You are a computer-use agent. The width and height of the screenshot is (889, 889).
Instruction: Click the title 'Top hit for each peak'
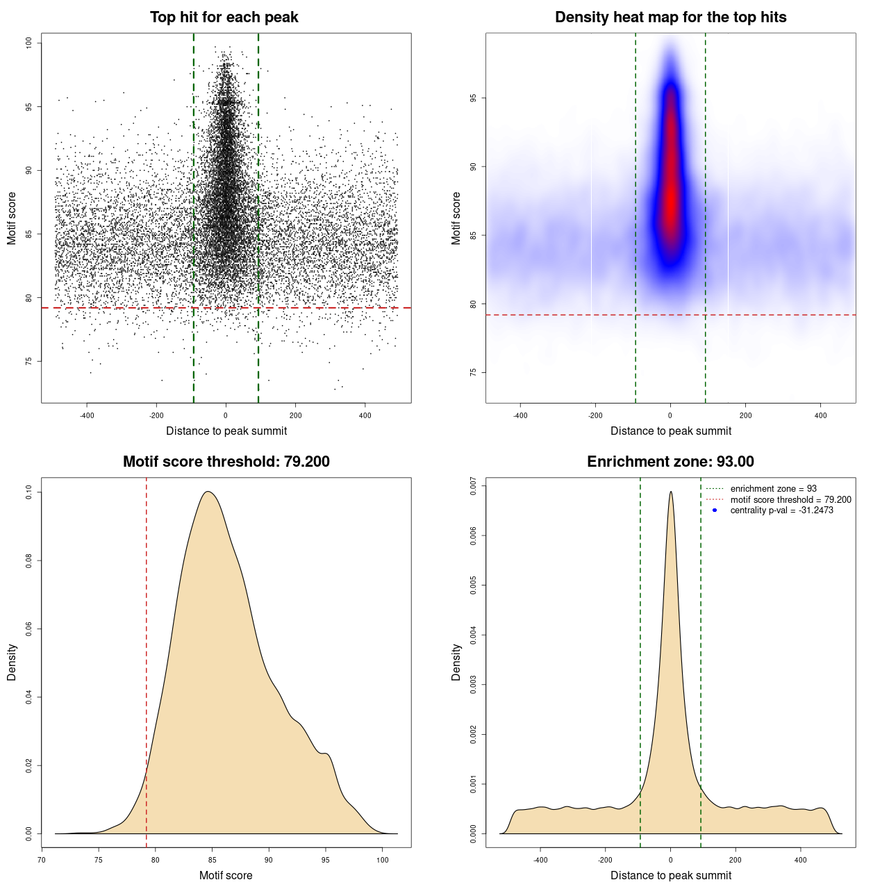224,17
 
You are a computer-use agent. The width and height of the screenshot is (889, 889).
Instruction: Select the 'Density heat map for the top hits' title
670,17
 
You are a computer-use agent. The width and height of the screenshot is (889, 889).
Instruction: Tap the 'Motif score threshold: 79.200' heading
226,462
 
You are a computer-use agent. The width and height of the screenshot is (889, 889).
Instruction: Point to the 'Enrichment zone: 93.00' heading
670,462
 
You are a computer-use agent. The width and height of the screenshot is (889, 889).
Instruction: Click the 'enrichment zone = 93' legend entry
773,489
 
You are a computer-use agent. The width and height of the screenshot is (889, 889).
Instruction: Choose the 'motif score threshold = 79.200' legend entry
790,499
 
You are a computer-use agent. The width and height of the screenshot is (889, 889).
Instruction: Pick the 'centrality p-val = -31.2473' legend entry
781,510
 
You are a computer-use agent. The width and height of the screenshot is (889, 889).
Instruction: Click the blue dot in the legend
715,510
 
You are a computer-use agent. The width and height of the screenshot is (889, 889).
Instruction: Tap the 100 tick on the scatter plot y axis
28,43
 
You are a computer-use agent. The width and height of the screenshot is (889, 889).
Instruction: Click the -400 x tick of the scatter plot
87,415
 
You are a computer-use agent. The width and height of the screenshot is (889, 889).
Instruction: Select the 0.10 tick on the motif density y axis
28,492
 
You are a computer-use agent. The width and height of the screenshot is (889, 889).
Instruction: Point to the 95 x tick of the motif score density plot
326,860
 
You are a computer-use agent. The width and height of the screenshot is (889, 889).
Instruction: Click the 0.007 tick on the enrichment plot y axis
473,486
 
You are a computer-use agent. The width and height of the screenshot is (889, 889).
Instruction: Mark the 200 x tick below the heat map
745,415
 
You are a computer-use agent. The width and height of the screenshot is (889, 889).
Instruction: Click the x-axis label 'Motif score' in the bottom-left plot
226,875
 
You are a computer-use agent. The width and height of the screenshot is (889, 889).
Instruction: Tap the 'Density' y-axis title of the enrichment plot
456,662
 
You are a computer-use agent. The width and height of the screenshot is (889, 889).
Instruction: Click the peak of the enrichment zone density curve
671,492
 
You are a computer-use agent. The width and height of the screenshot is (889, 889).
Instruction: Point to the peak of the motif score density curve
208,492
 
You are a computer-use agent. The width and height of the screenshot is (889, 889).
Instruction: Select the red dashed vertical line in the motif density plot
147,660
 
